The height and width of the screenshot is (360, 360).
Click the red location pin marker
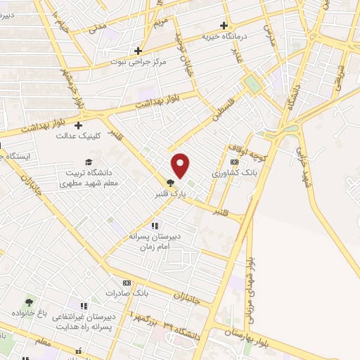tap(181, 166)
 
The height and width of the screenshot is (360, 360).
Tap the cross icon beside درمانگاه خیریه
tap(224, 25)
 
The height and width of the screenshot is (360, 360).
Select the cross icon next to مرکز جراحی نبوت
tap(139, 51)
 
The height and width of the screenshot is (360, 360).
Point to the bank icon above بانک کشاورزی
tap(234, 162)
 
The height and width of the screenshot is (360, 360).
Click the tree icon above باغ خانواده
tap(29, 302)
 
